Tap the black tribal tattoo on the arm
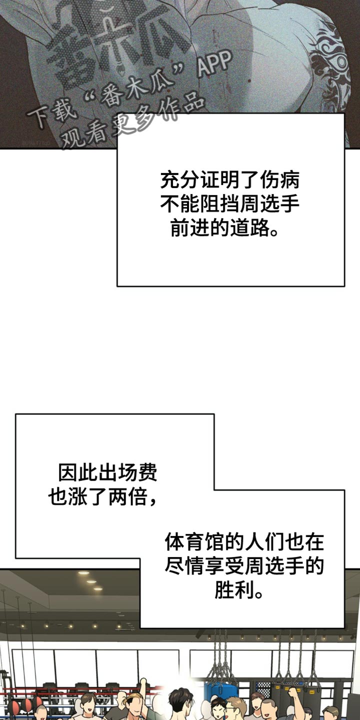pos(331,70)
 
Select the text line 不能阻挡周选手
pos(230,204)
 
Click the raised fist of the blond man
pos(143,681)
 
